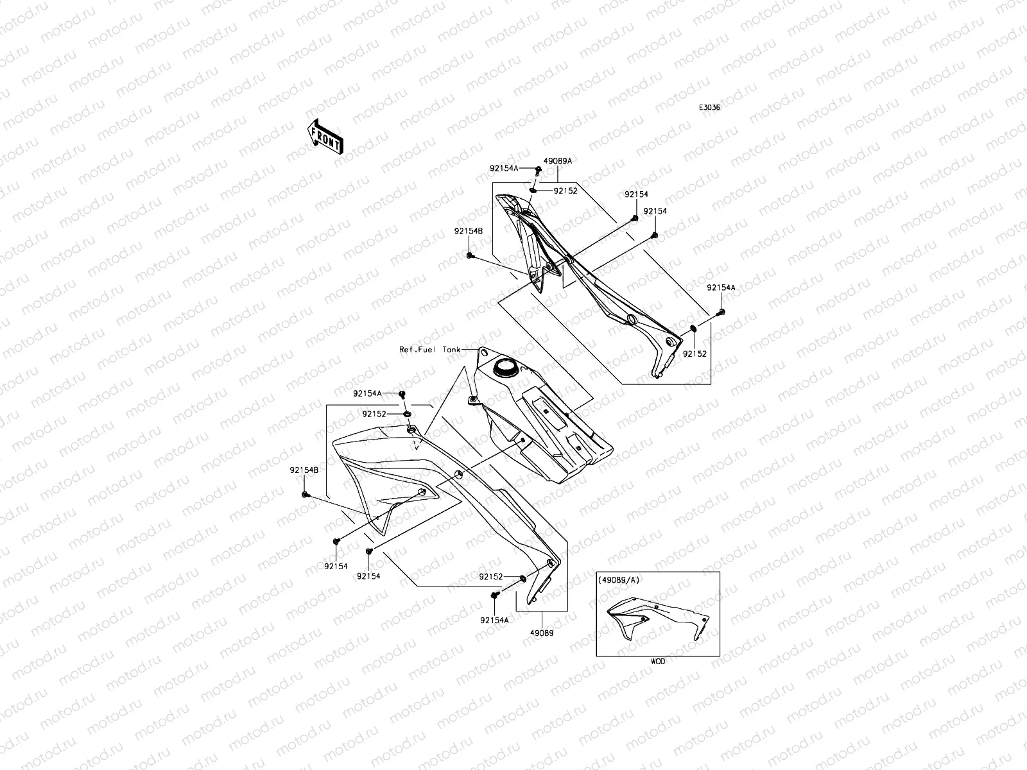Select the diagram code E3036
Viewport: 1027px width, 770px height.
click(709, 108)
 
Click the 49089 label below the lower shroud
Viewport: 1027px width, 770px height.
click(542, 632)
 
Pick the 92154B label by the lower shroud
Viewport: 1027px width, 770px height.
click(304, 470)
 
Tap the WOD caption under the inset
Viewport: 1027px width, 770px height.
click(657, 662)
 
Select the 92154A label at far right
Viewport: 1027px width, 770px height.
click(721, 288)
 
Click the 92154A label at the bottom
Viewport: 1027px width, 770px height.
click(494, 620)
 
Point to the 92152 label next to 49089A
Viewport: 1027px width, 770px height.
click(565, 191)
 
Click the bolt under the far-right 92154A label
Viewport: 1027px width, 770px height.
click(720, 312)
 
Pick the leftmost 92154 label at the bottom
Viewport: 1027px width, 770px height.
click(336, 566)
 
